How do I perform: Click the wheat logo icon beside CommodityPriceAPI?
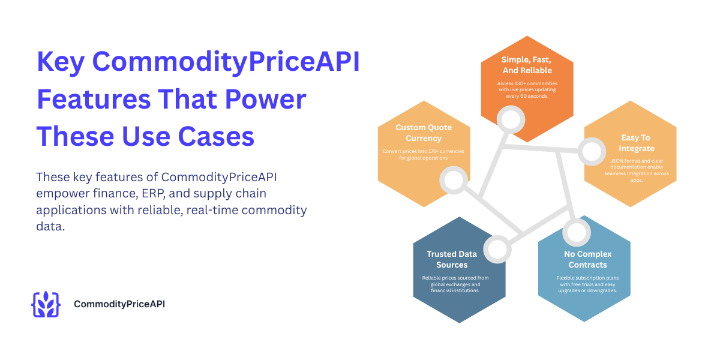pyautogui.click(x=46, y=304)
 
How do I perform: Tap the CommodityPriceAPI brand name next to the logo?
pyautogui.click(x=119, y=304)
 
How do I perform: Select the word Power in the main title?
pyautogui.click(x=269, y=100)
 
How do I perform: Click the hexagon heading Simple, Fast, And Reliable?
pyautogui.click(x=527, y=65)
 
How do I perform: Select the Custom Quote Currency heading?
pyautogui.click(x=424, y=133)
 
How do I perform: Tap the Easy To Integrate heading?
pyautogui.click(x=637, y=143)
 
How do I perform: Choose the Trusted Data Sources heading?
pyautogui.click(x=460, y=259)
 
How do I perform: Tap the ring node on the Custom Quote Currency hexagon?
pyautogui.click(x=454, y=179)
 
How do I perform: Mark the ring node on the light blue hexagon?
pyautogui.click(x=577, y=232)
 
